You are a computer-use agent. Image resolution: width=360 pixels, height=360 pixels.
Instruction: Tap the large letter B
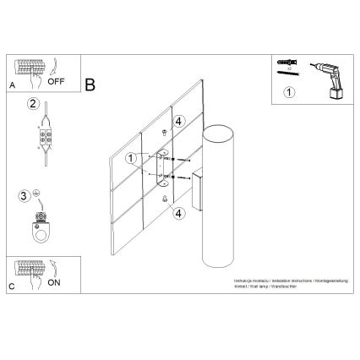coord(90,85)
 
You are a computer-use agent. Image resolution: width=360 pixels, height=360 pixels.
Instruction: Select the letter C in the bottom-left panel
coord(10,286)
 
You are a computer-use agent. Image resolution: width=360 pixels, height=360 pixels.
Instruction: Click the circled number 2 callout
coord(32,106)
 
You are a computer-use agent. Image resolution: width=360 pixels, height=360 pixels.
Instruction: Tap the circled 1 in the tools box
coord(289,93)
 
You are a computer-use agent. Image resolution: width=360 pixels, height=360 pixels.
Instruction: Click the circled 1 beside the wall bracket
coord(131,158)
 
